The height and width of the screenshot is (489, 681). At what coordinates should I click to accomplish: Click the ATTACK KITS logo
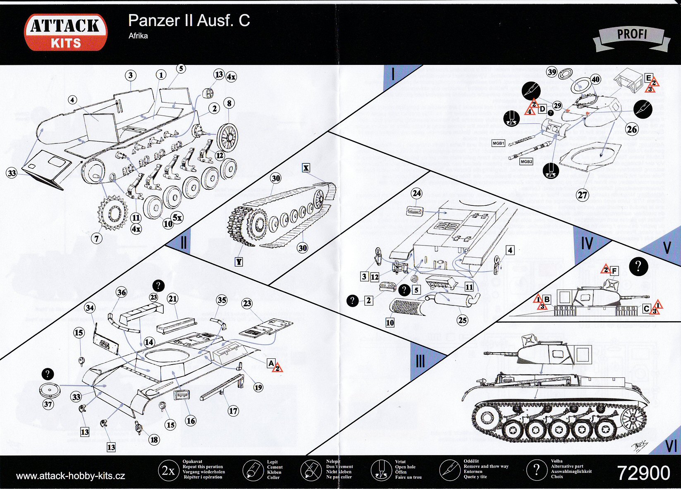[66, 33]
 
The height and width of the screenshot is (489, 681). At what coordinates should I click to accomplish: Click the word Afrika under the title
[138, 36]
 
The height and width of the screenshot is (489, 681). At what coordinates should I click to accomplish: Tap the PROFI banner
[632, 35]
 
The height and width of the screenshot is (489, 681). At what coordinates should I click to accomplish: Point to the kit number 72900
[643, 473]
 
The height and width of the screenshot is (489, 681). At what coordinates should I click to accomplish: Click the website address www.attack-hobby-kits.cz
[71, 476]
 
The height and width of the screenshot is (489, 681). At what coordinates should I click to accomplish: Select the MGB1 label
[498, 143]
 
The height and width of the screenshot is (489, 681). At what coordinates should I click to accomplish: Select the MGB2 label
[526, 162]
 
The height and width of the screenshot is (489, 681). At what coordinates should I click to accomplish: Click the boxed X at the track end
[306, 168]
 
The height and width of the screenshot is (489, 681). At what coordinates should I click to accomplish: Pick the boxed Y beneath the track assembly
[239, 262]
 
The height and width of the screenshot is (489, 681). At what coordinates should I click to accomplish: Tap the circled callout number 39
[552, 72]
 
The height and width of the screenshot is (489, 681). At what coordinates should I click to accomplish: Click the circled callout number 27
[582, 195]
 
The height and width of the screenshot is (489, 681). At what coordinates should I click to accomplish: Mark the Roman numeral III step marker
[420, 361]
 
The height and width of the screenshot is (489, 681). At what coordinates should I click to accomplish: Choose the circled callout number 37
[48, 404]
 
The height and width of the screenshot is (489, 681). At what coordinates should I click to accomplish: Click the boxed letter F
[614, 271]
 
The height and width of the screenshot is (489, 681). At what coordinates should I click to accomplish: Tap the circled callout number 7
[97, 238]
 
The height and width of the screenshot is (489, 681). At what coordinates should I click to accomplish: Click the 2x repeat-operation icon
[168, 470]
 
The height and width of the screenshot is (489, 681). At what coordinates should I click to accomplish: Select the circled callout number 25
[462, 320]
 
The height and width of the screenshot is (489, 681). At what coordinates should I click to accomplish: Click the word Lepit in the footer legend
[272, 462]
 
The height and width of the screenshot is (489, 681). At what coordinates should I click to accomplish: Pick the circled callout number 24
[417, 193]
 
